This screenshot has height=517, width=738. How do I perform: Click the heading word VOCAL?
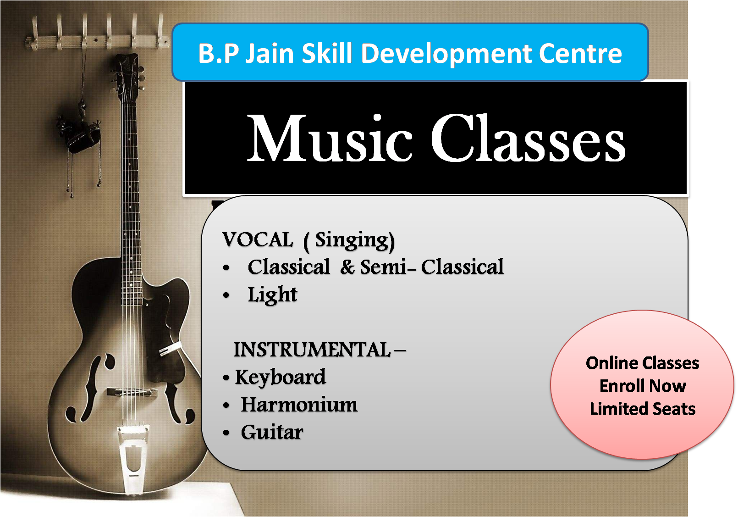(257, 239)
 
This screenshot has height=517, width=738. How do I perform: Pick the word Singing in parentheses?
(352, 241)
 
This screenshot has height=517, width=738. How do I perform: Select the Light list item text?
(272, 295)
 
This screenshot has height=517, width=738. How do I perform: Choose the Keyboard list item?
(281, 378)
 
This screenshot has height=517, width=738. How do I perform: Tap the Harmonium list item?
(299, 405)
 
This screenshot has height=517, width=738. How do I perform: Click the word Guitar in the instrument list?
(272, 432)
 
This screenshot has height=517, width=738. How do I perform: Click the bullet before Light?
(226, 295)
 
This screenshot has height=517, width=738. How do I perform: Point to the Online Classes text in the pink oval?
(643, 363)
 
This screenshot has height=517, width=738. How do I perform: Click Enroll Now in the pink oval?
(643, 386)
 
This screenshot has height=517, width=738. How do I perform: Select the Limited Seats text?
(643, 409)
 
